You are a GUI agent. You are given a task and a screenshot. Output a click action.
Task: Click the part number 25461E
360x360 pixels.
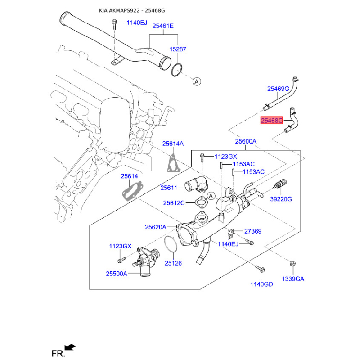click(x=162, y=26)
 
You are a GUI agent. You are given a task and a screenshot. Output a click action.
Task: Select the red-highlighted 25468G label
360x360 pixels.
click(x=272, y=121)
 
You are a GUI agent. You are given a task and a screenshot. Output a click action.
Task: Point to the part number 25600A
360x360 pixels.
click(x=245, y=141)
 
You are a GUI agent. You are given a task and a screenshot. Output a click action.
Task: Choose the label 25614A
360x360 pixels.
click(x=173, y=144)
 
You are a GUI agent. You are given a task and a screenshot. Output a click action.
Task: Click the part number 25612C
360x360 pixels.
click(x=174, y=203)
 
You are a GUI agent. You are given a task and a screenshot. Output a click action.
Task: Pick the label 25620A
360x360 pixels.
click(x=155, y=227)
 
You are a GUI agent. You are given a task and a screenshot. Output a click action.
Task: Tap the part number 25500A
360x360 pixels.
click(x=117, y=274)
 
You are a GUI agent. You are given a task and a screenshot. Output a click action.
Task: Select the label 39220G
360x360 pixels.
click(x=281, y=199)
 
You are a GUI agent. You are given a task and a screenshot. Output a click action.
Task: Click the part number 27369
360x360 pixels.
click(x=253, y=231)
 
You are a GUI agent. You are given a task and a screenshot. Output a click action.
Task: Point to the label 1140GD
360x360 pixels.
click(x=262, y=284)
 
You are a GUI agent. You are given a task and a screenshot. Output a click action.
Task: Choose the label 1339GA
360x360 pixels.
click(x=293, y=279)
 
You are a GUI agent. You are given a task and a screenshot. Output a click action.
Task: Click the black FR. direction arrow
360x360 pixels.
click(x=70, y=347)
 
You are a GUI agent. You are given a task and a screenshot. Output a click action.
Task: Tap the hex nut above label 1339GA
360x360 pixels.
click(x=292, y=264)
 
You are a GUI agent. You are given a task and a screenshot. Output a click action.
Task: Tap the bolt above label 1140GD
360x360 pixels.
click(x=261, y=269)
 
